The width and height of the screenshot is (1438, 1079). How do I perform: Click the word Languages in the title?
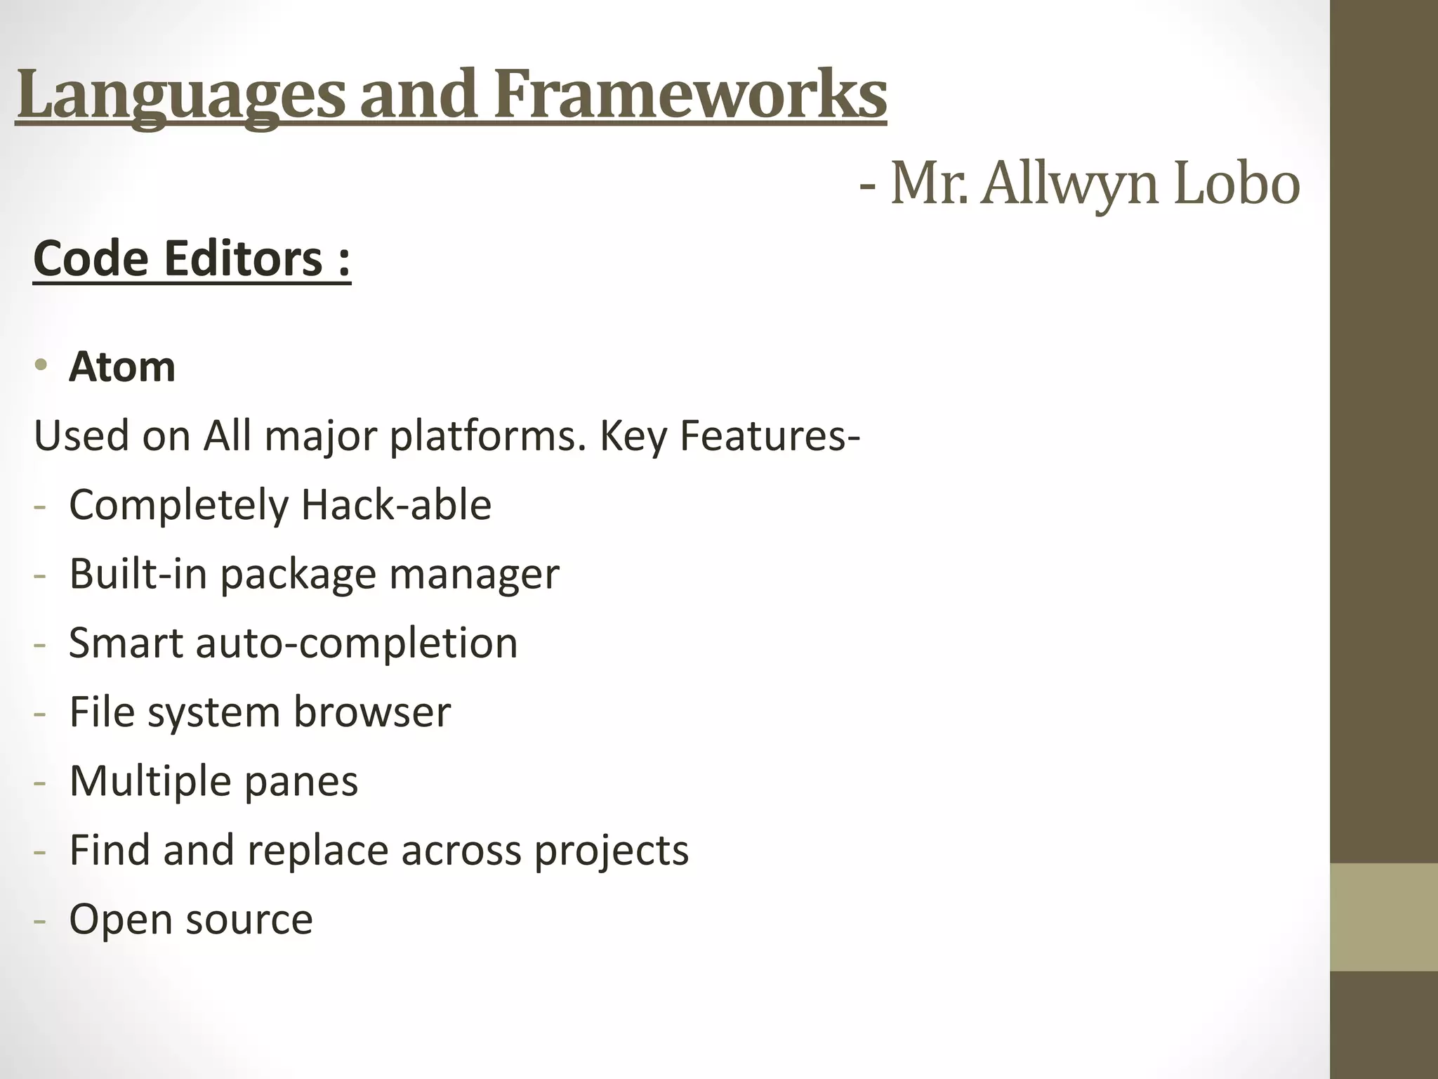180,95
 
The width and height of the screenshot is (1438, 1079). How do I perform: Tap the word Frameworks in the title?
690,95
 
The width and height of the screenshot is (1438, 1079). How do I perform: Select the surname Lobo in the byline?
1236,183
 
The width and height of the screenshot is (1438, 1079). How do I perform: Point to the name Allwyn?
1069,183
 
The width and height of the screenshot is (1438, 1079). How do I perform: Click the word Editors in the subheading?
243,259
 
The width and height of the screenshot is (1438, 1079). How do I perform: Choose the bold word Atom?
122,367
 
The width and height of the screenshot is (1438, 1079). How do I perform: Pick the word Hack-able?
396,504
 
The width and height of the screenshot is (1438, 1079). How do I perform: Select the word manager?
474,574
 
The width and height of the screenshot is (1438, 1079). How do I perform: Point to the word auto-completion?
357,642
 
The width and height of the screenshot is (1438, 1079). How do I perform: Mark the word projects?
612,851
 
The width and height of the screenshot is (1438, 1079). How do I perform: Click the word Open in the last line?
119,919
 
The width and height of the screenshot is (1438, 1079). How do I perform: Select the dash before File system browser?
40,713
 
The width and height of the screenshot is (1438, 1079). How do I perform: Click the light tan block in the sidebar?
1384,917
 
